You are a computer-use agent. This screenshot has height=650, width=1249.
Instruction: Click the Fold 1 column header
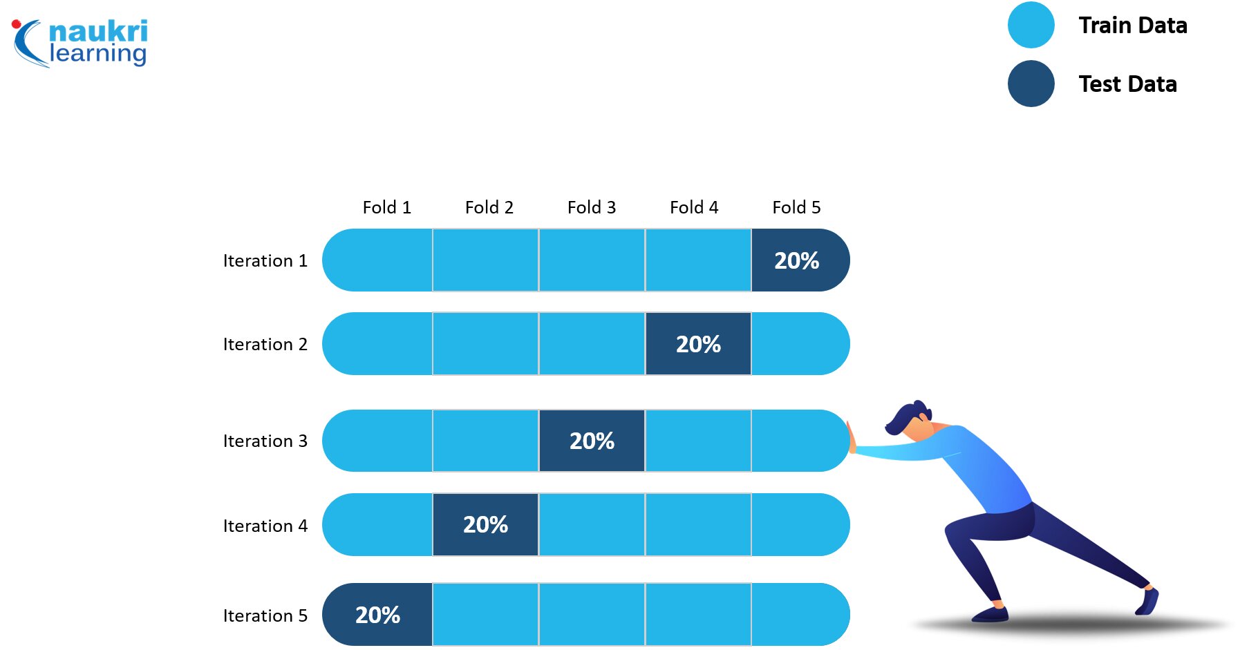click(387, 207)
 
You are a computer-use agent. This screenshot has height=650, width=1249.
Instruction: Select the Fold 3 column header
click(592, 207)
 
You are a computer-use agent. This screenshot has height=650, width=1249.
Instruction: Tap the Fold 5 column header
click(796, 207)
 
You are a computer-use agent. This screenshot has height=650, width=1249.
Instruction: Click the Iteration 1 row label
click(265, 260)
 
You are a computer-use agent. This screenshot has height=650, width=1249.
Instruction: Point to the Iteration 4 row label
click(265, 526)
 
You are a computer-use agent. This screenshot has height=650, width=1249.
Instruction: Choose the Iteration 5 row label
click(265, 615)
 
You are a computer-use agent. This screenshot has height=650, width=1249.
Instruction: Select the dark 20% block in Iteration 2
click(698, 344)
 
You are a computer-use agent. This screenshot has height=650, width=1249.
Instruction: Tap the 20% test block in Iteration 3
click(592, 441)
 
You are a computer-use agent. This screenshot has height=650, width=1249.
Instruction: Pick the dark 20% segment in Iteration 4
click(485, 524)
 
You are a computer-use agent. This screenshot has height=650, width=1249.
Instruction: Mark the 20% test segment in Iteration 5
click(377, 615)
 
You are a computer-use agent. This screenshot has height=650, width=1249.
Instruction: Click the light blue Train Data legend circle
click(1031, 25)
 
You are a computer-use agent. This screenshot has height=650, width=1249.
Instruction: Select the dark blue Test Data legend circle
click(1031, 84)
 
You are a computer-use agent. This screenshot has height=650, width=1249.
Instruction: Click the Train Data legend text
click(1133, 26)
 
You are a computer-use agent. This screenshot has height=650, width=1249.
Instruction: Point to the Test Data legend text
click(1128, 84)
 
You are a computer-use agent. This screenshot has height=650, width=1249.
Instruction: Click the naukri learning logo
click(80, 43)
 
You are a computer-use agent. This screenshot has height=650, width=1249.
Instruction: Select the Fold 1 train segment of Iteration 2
click(377, 344)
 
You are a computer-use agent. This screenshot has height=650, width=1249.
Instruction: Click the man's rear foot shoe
click(1147, 601)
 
